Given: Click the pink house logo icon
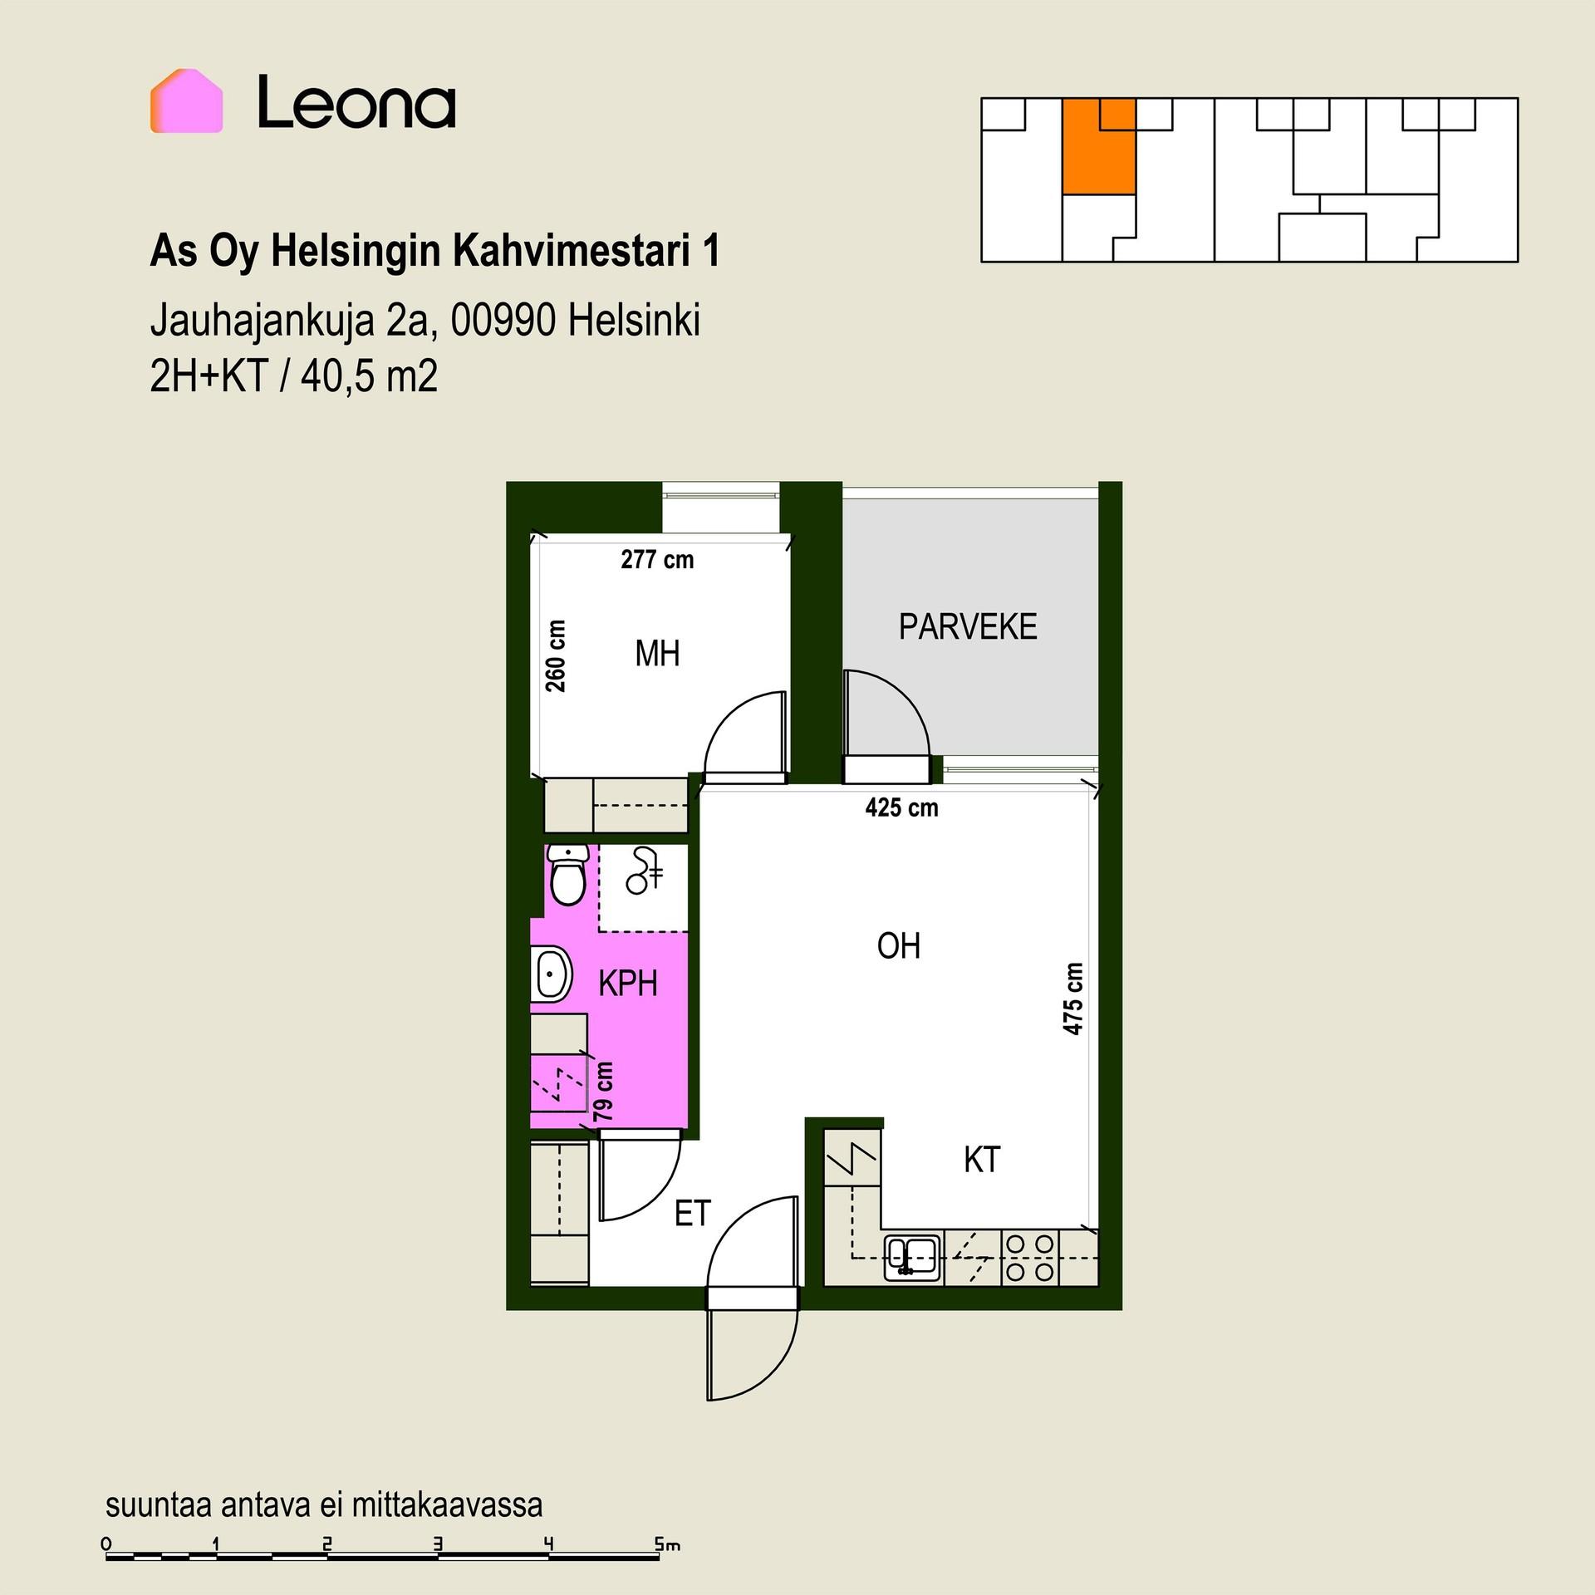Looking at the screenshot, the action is [186, 101].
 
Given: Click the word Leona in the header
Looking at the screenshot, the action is [356, 102].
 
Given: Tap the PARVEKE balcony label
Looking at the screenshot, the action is [968, 626].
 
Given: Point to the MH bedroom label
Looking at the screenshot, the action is [657, 654].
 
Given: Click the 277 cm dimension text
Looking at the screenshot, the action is [657, 559].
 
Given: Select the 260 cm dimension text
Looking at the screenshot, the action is [556, 655].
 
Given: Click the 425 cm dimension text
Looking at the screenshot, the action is [901, 807].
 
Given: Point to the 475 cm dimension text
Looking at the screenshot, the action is [1073, 999].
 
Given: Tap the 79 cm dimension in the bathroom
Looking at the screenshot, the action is [604, 1090].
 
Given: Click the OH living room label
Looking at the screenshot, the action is [899, 945].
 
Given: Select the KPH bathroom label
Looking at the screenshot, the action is [628, 984].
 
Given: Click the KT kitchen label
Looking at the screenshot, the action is [982, 1160].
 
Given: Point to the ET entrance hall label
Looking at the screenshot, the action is [693, 1214].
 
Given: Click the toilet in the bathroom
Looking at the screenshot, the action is [569, 875].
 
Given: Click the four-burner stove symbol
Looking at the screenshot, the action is [1030, 1258].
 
